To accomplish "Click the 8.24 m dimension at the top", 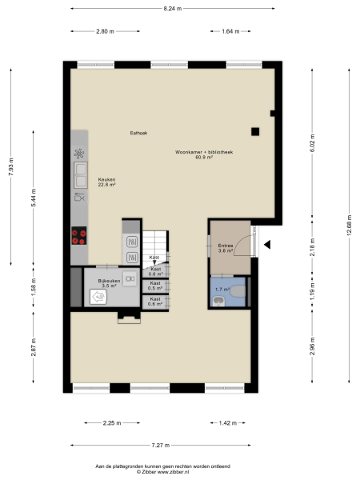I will tap(172, 8).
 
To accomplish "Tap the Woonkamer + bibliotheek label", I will tap(204, 154).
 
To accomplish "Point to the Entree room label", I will tap(226, 248).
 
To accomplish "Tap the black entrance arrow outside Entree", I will tap(269, 245).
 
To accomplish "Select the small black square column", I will tap(255, 132).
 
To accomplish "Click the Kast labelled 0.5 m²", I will tap(156, 286).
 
